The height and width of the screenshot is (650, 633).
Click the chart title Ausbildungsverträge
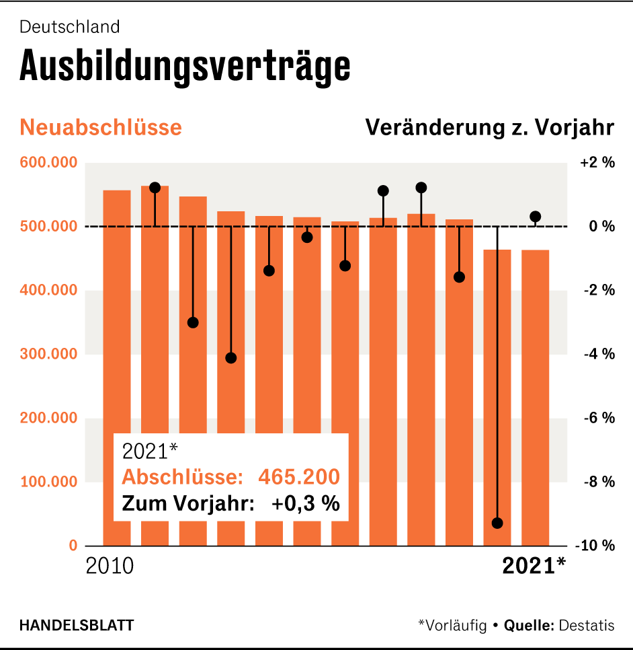pos(185,66)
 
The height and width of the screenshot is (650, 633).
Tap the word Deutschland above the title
pos(70,27)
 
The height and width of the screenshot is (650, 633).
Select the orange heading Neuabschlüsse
pos(101,127)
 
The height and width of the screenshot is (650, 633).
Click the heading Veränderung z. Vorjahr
pos(489,127)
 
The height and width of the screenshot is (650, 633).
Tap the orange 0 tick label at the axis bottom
pos(73,546)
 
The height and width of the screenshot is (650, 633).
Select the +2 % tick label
pos(597,163)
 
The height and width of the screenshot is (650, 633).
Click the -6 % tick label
pos(597,419)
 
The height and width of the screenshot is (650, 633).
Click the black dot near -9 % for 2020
pos(497,523)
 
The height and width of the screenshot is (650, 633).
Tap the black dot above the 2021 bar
pos(536,217)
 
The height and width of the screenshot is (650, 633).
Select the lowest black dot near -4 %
pos(231,358)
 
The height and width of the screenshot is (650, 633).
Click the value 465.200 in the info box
pos(299,477)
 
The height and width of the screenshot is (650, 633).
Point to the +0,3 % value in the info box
pos(305,503)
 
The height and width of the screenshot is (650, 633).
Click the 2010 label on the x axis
pos(110,566)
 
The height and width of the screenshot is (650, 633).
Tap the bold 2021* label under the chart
pos(534,566)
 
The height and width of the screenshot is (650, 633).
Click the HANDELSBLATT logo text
pos(77,625)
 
